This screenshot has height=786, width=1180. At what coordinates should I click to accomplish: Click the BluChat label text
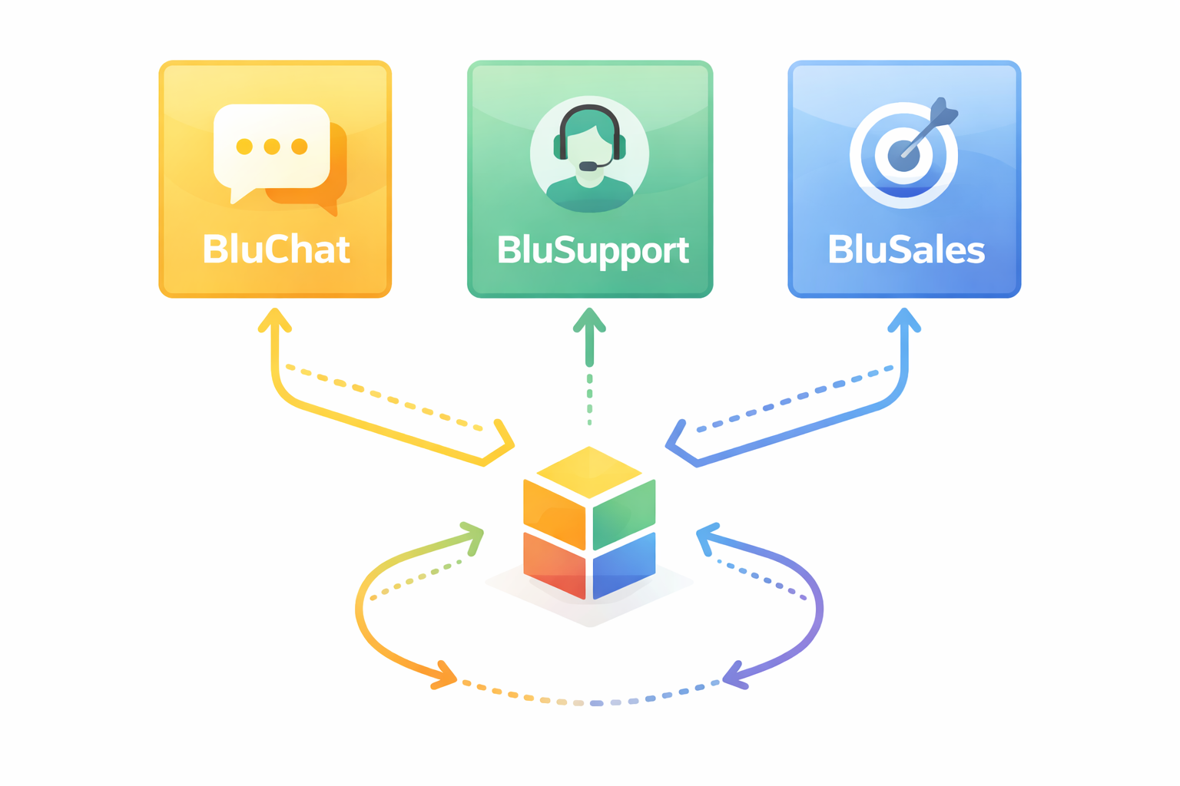coord(276,249)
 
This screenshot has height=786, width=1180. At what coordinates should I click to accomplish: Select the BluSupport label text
coord(592,251)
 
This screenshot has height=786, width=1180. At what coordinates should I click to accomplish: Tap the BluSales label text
coord(906,250)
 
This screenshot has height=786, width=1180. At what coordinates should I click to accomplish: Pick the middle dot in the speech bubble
coord(272,147)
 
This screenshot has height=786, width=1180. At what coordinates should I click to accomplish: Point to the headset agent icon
coord(589,154)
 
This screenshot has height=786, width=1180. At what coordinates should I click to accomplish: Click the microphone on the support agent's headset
coord(588,166)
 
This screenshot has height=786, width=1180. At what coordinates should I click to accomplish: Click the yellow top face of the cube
coord(589,471)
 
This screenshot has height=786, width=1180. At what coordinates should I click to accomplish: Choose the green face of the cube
coord(624,513)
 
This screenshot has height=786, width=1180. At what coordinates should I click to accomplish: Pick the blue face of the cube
coord(624,566)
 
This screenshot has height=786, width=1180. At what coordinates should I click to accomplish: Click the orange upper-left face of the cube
coord(554,513)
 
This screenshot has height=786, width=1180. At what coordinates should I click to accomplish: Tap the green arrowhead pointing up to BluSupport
coord(589,321)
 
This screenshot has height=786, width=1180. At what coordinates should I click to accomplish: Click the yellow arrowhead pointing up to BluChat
coord(274,320)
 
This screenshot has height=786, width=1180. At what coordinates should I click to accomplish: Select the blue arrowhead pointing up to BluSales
coord(904,320)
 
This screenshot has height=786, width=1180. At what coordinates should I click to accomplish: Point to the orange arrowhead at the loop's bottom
coord(445,675)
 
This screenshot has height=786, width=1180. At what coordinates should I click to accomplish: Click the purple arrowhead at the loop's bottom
coord(734,675)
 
